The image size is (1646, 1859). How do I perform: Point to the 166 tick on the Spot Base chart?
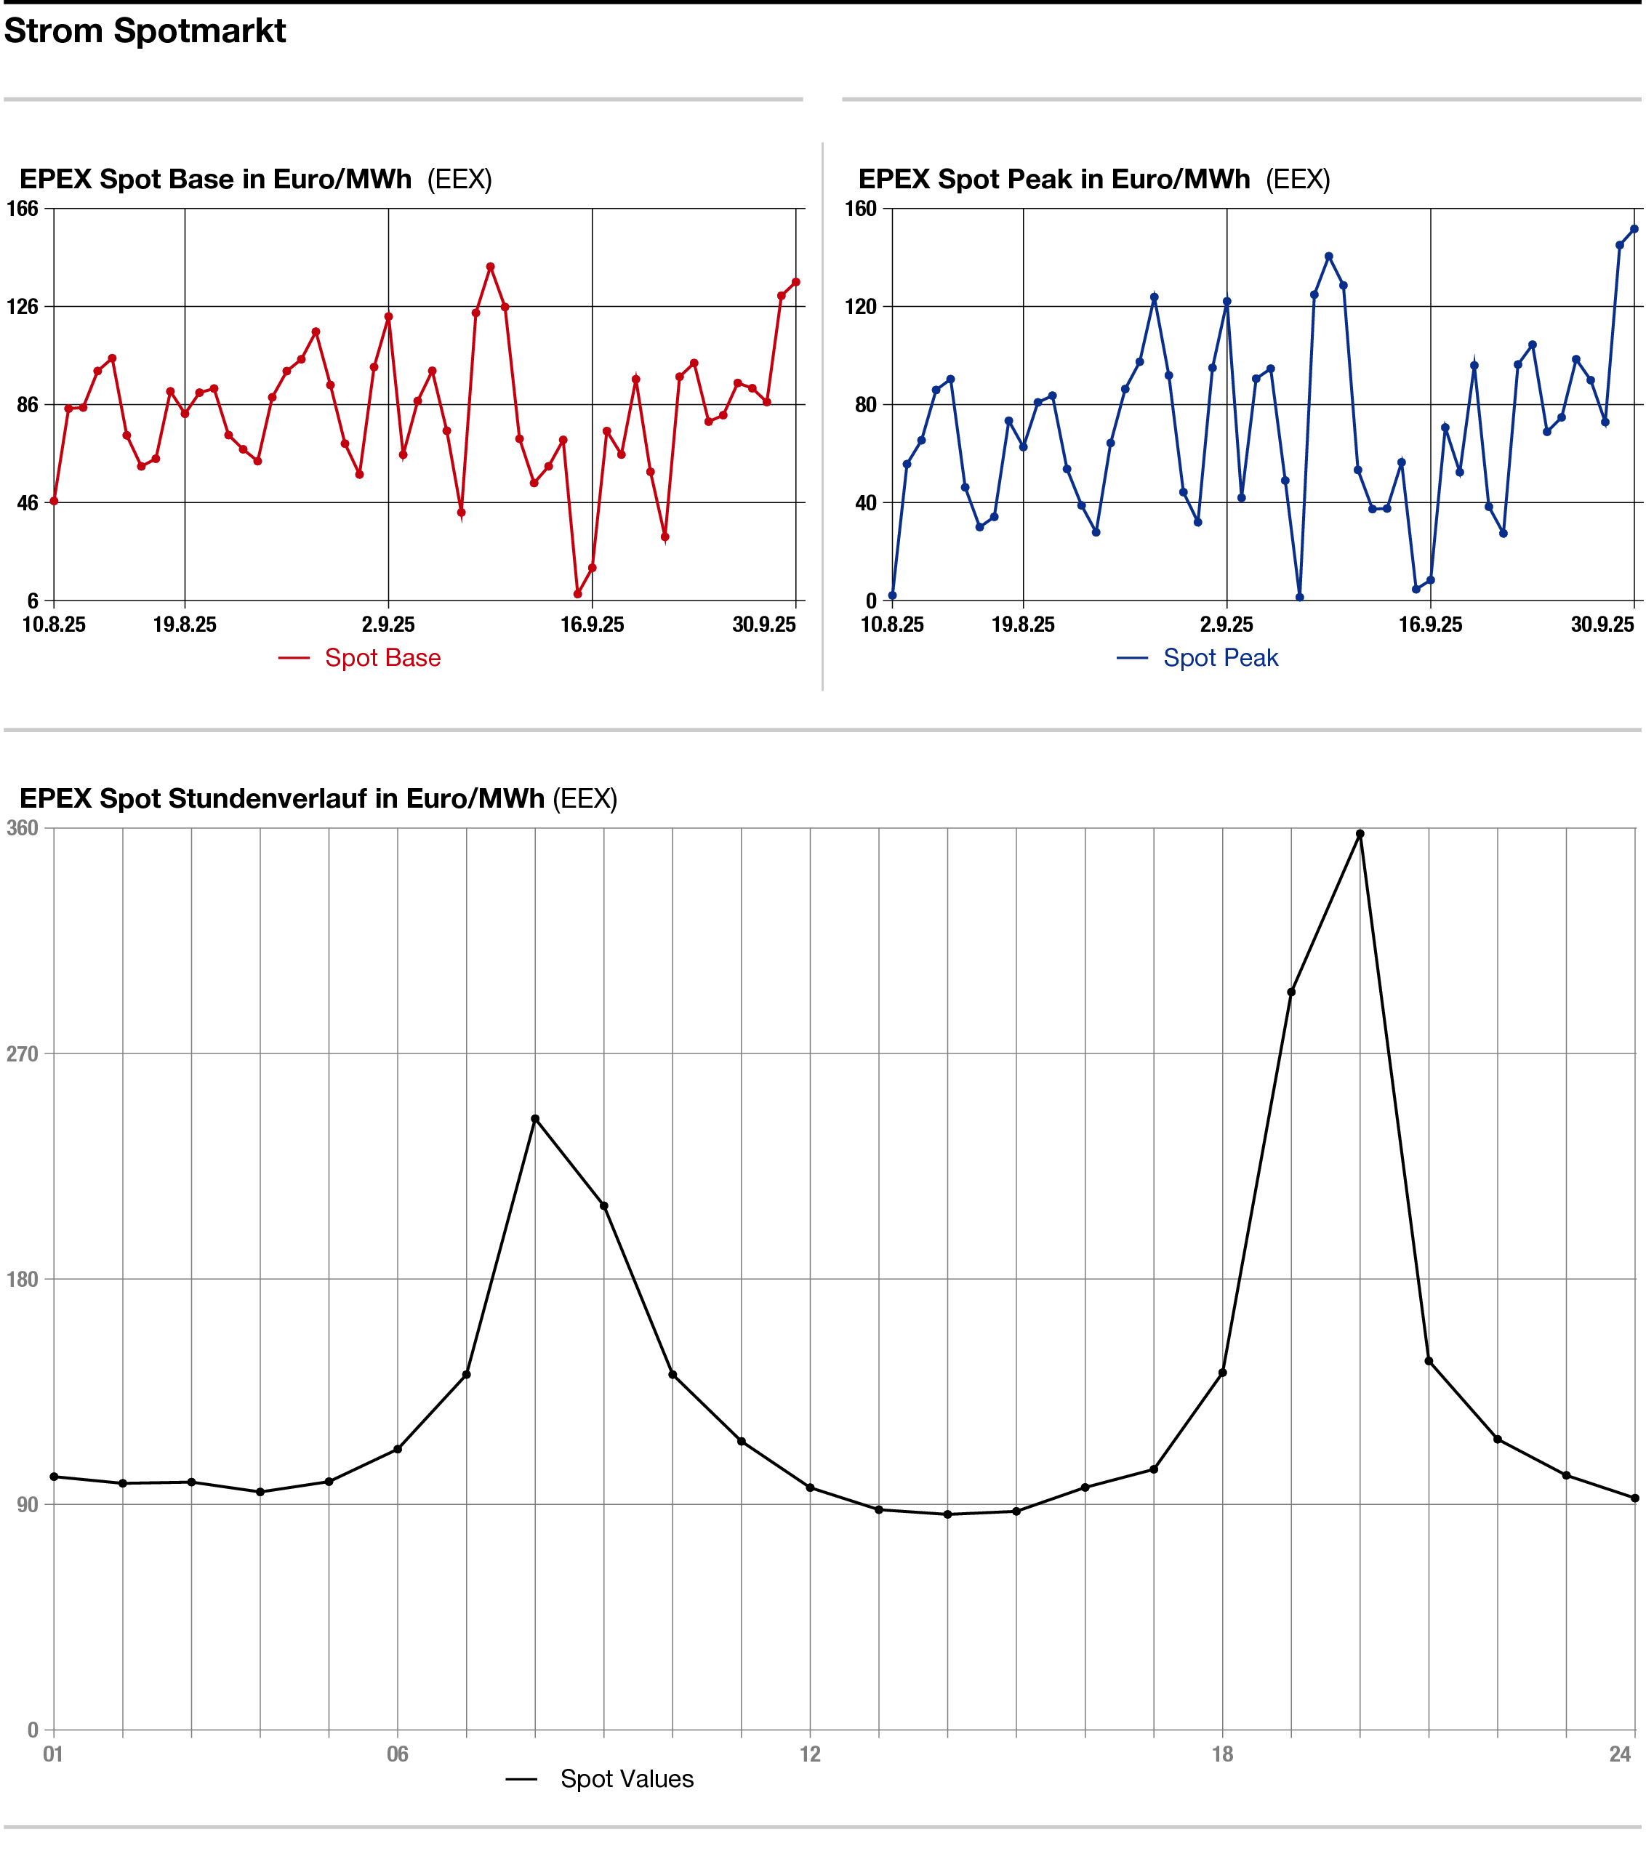pos(23,208)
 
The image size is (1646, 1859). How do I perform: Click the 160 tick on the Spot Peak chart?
pos(860,208)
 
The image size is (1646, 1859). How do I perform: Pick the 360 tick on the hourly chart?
pos(23,827)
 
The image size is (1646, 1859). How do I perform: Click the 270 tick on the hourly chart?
pos(23,1054)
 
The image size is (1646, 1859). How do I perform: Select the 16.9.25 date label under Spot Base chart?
pos(592,625)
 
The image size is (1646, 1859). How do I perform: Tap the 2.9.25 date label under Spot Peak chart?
pos(1227,625)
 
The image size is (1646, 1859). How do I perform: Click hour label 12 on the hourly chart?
pos(810,1754)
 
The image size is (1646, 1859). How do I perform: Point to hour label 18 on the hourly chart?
pos(1222,1754)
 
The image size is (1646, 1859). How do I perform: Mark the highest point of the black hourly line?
pos(1360,834)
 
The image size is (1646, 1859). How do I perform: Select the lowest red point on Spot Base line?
pos(577,594)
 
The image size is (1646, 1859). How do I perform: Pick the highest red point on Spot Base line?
pos(490,267)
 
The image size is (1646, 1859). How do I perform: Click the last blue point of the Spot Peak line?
pos(1634,229)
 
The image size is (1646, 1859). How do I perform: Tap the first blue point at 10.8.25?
pos(892,595)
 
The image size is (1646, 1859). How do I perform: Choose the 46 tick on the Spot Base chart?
pos(28,502)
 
